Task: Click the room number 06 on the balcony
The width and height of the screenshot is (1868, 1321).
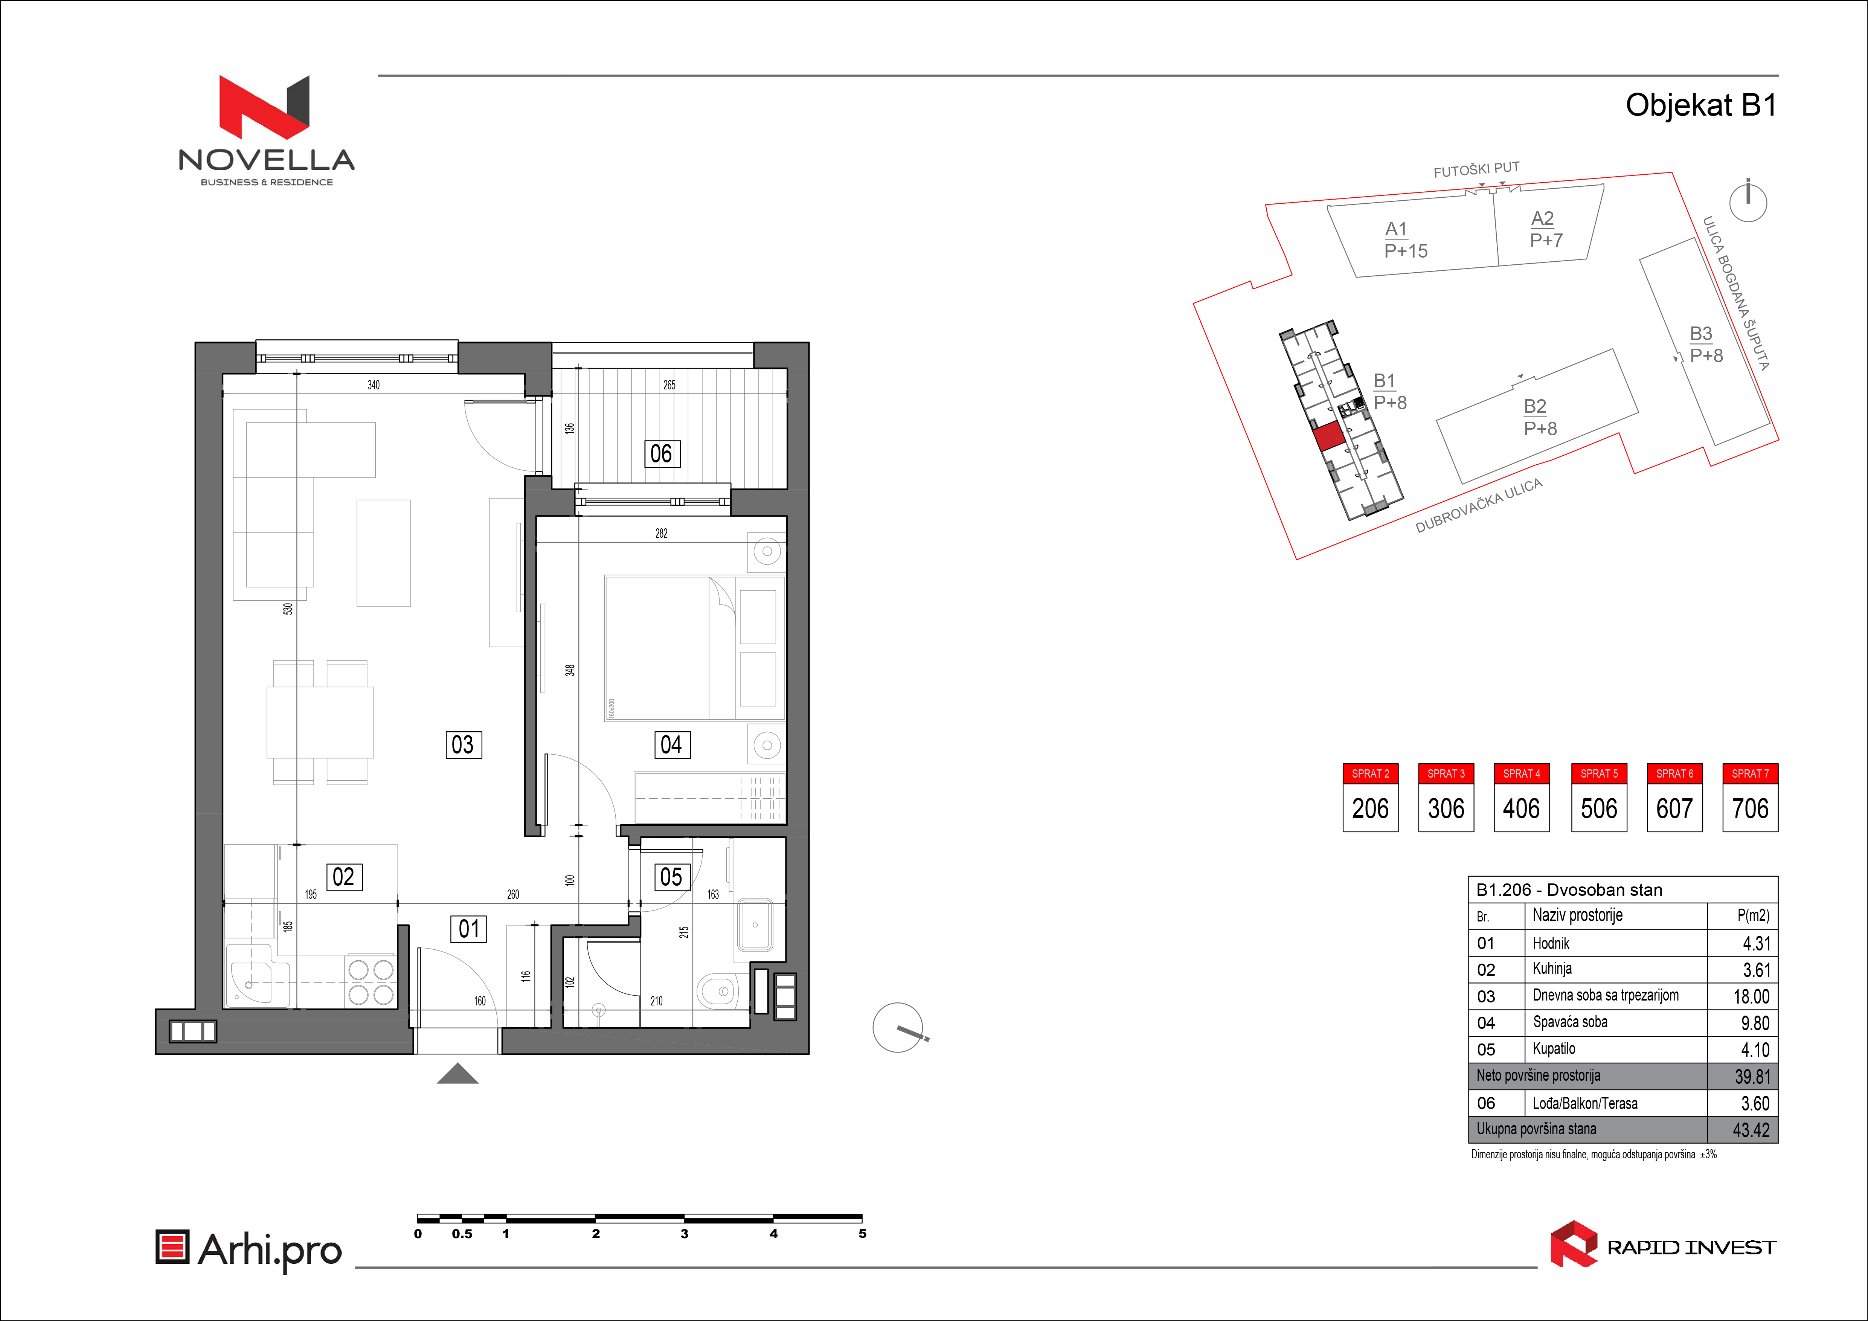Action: click(x=662, y=454)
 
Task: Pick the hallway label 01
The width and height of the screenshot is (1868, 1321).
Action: click(x=469, y=929)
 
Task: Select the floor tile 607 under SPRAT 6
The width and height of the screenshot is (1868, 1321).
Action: click(x=1674, y=808)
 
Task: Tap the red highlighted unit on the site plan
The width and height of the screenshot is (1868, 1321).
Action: click(x=1328, y=437)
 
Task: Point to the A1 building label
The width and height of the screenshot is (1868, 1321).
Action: click(x=1396, y=229)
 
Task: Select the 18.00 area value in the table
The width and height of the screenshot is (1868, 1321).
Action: click(x=1751, y=996)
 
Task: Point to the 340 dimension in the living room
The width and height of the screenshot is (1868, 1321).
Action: click(x=374, y=385)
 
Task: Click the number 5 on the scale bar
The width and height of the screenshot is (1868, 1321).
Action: click(x=862, y=1234)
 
